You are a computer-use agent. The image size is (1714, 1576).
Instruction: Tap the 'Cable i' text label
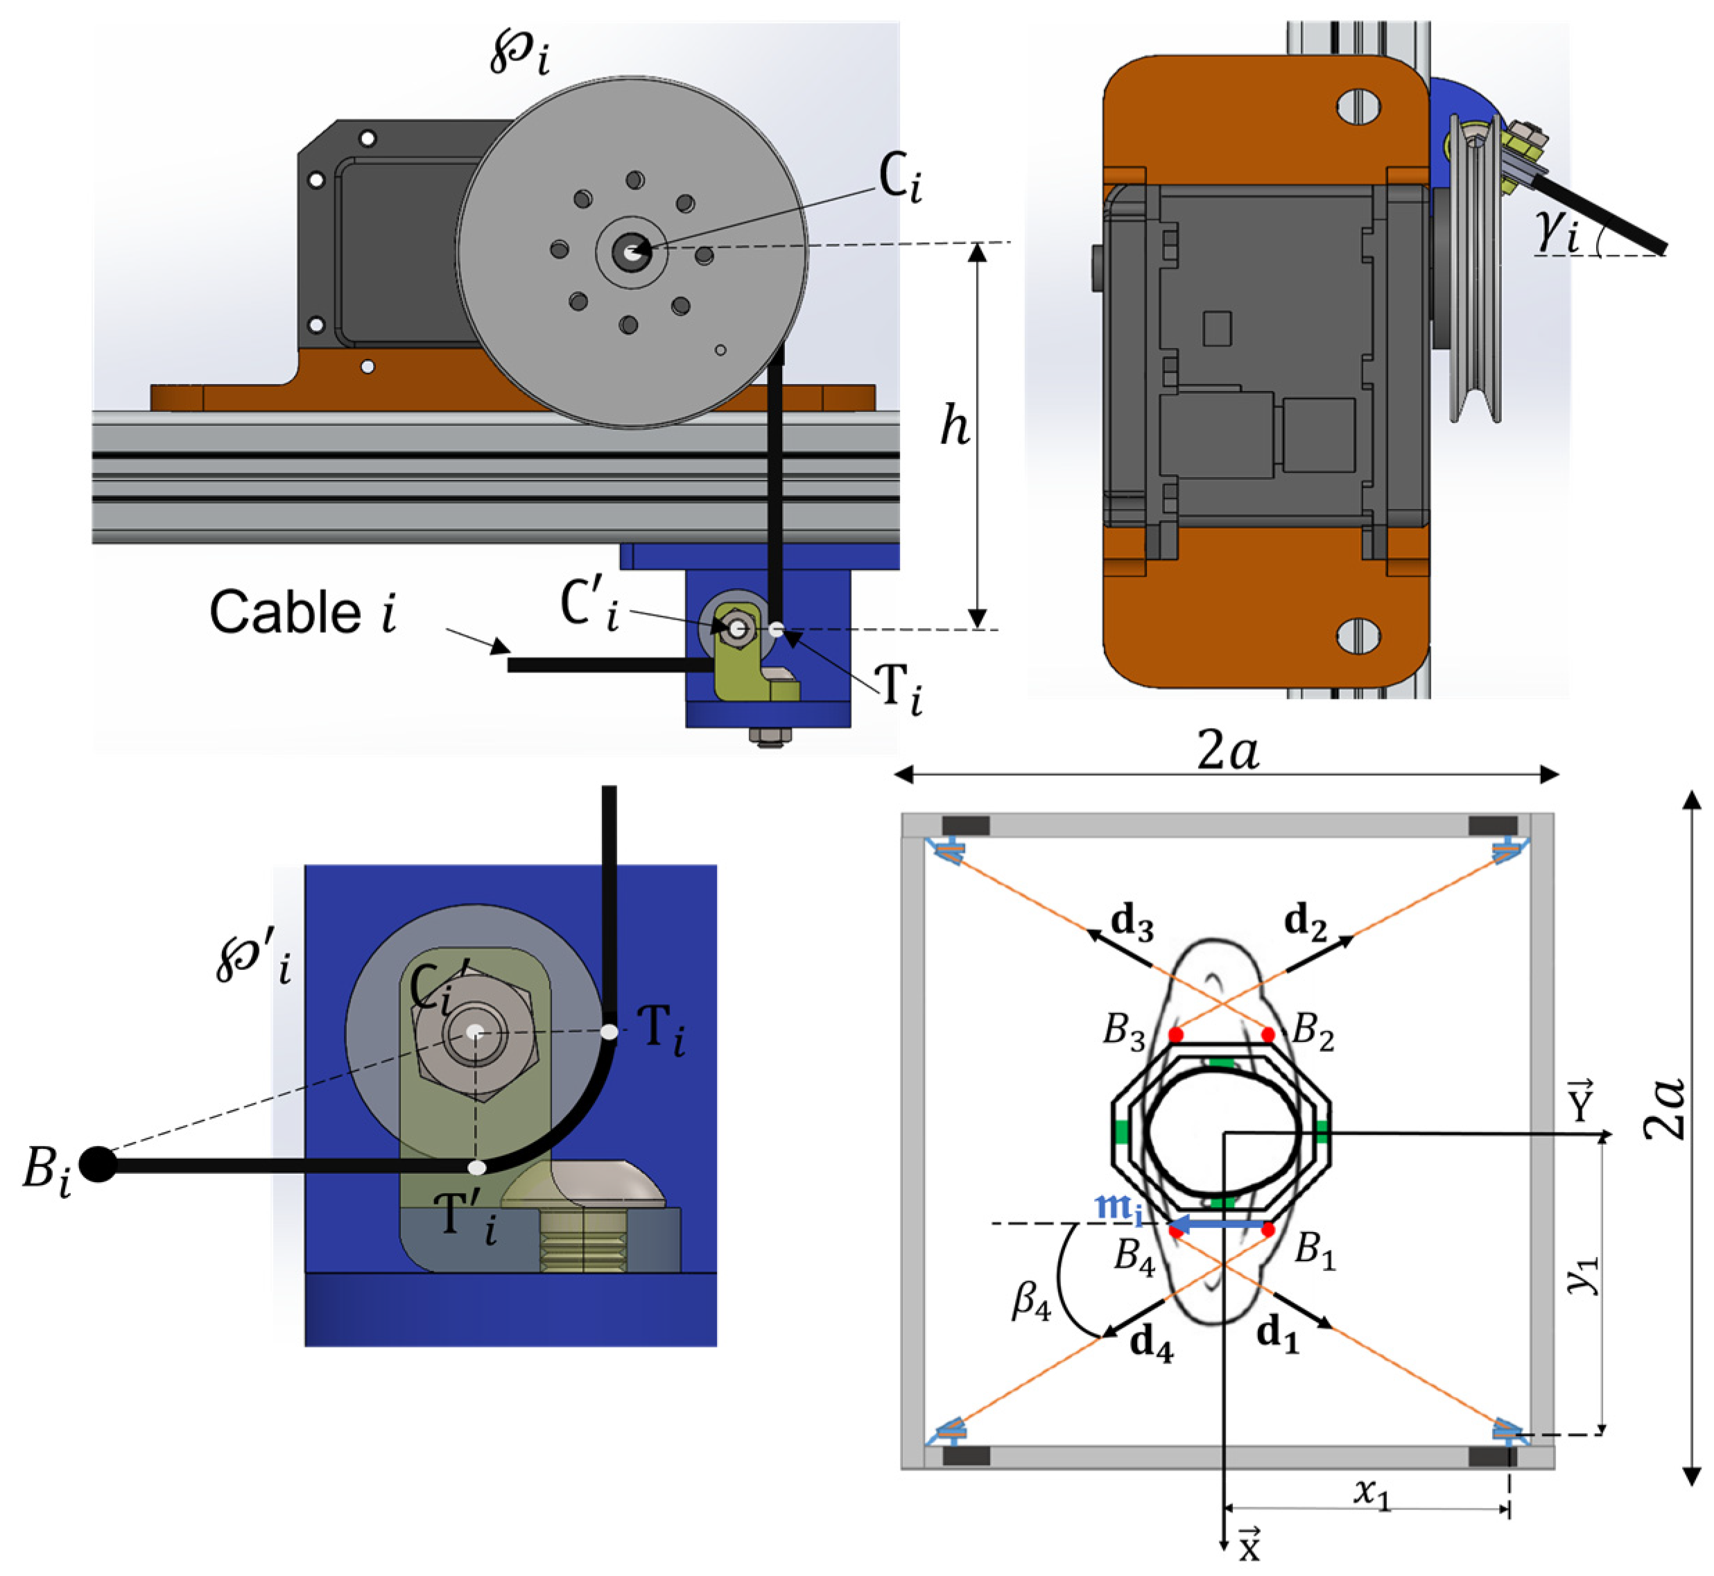(x=303, y=613)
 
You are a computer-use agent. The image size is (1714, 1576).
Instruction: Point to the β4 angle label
(x=1031, y=1302)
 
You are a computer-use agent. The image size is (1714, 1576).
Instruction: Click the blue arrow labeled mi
(x=1220, y=1229)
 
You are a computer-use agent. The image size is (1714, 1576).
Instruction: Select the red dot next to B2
(x=1267, y=1035)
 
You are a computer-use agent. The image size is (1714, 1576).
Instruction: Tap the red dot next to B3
(x=1176, y=1035)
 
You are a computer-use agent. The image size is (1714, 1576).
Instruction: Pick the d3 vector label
(x=1132, y=924)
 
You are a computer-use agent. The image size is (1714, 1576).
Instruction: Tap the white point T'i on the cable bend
(x=478, y=1168)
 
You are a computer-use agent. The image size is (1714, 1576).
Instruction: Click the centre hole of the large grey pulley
(x=632, y=252)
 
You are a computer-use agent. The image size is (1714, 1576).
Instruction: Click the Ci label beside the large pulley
(x=899, y=179)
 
